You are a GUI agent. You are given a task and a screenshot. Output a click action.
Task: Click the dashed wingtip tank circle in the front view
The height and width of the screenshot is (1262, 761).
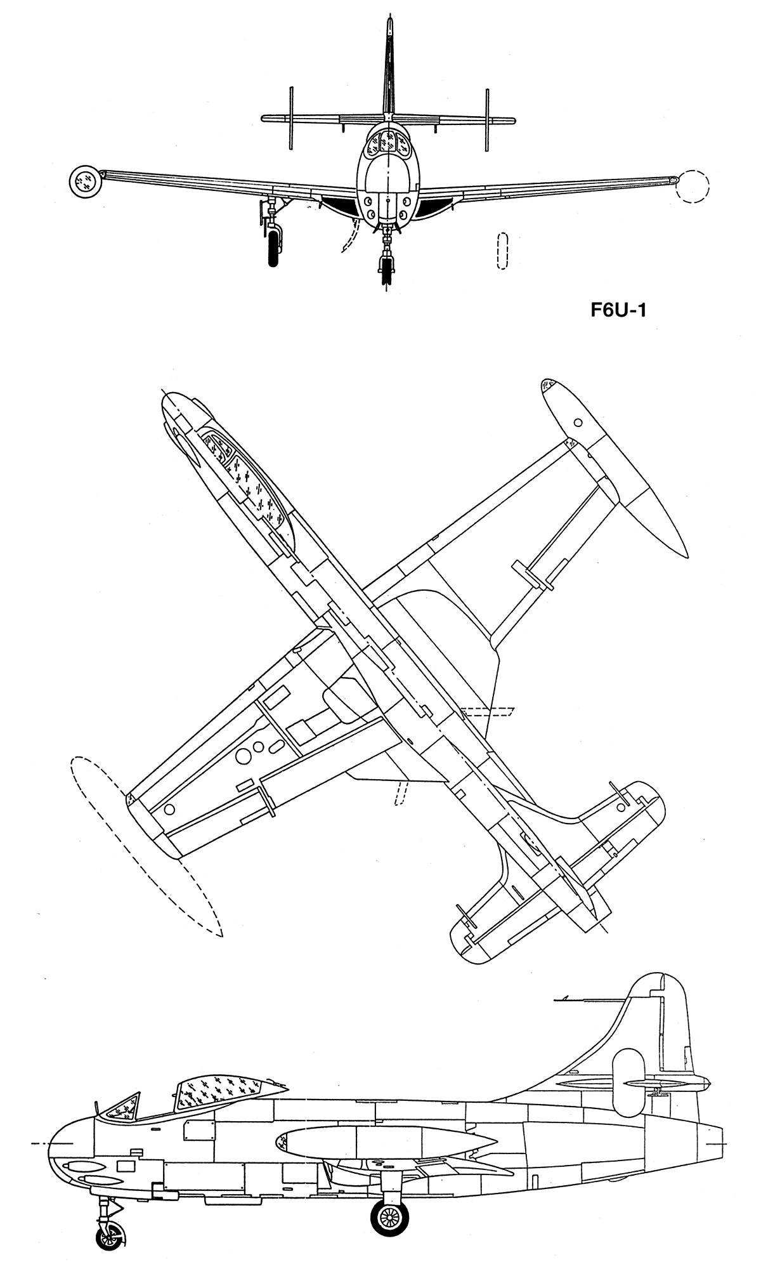tap(693, 186)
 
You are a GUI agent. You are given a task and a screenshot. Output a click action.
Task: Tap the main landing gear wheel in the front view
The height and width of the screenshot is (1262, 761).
tap(273, 247)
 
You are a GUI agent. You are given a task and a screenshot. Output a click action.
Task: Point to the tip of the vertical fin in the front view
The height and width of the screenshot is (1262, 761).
tap(389, 19)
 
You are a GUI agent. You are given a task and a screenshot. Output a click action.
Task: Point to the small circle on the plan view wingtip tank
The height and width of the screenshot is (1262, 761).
tap(578, 423)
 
